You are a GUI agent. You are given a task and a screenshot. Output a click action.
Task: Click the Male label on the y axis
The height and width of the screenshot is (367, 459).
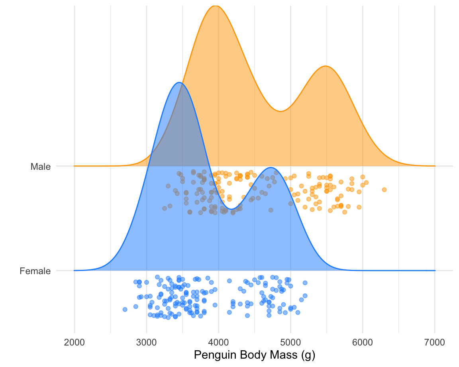[40, 167]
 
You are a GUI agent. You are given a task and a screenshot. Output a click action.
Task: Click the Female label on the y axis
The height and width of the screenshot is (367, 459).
[35, 271]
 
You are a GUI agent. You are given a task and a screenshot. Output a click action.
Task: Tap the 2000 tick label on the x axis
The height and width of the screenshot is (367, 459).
[74, 342]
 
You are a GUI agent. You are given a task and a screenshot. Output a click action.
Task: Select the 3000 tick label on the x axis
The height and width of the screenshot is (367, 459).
[146, 342]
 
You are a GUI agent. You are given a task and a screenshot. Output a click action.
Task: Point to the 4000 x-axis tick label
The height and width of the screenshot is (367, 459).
[218, 342]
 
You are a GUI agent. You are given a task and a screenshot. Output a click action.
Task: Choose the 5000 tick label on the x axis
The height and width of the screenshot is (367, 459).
[290, 342]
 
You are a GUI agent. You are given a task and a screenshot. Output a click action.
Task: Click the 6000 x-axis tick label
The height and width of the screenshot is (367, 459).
[363, 342]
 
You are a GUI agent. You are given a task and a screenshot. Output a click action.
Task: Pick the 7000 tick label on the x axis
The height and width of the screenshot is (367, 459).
[435, 342]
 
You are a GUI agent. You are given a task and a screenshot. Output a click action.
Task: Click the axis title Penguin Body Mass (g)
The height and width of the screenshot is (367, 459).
[254, 355]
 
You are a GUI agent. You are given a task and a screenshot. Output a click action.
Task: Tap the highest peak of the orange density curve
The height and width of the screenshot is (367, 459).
[215, 6]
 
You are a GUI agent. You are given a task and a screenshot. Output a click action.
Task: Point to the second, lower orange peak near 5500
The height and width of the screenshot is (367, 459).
[326, 66]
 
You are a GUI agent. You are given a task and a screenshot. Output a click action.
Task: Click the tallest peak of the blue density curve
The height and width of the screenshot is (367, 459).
[180, 82]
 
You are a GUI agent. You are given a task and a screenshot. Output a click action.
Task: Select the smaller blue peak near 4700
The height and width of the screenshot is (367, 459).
[271, 168]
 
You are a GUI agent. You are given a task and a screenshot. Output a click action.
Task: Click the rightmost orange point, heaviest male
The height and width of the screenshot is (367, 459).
[384, 190]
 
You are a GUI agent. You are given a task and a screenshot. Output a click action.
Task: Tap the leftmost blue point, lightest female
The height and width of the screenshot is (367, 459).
[125, 309]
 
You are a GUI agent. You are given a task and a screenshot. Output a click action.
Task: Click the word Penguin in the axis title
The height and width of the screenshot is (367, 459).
[211, 355]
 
